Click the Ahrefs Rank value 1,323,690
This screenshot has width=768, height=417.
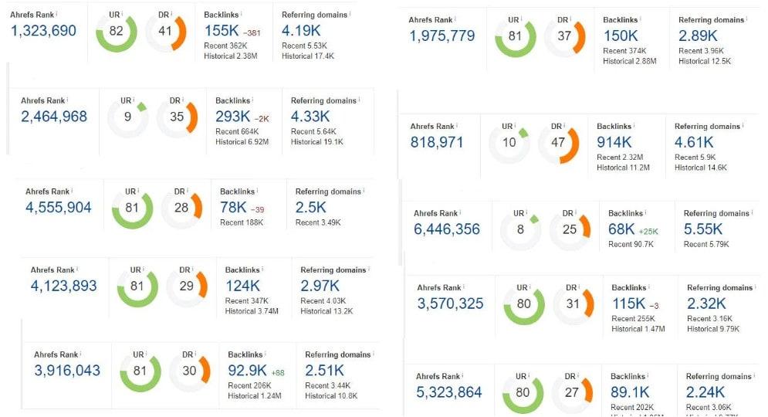pos(43,31)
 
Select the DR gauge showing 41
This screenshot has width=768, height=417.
pos(166,32)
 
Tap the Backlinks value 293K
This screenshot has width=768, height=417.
pos(232,117)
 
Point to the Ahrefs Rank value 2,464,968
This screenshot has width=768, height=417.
pos(54,117)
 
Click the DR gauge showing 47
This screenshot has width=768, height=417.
pos(558,143)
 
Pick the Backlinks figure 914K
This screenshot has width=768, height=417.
pos(614,142)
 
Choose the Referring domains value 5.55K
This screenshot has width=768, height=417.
pos(703,229)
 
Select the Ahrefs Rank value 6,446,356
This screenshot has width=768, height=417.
pos(447,229)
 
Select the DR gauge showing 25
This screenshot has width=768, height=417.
pos(570,230)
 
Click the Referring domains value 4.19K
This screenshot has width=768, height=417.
pos(300,32)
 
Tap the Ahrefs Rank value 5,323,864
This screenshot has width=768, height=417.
pos(449,392)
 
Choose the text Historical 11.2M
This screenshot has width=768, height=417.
pos(623,168)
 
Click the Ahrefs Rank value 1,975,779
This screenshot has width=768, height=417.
pos(442,36)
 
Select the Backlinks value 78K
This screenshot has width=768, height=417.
pos(232,207)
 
